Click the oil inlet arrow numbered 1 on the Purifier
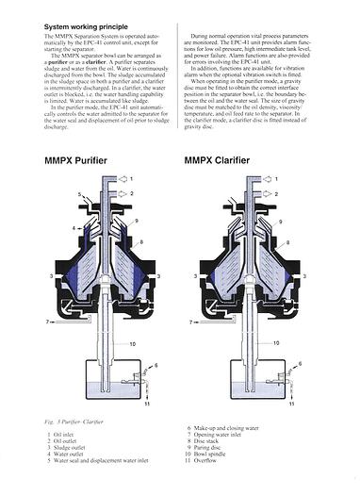point(133,179)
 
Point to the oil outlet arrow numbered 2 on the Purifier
point(133,193)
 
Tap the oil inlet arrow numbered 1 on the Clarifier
point(278,179)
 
